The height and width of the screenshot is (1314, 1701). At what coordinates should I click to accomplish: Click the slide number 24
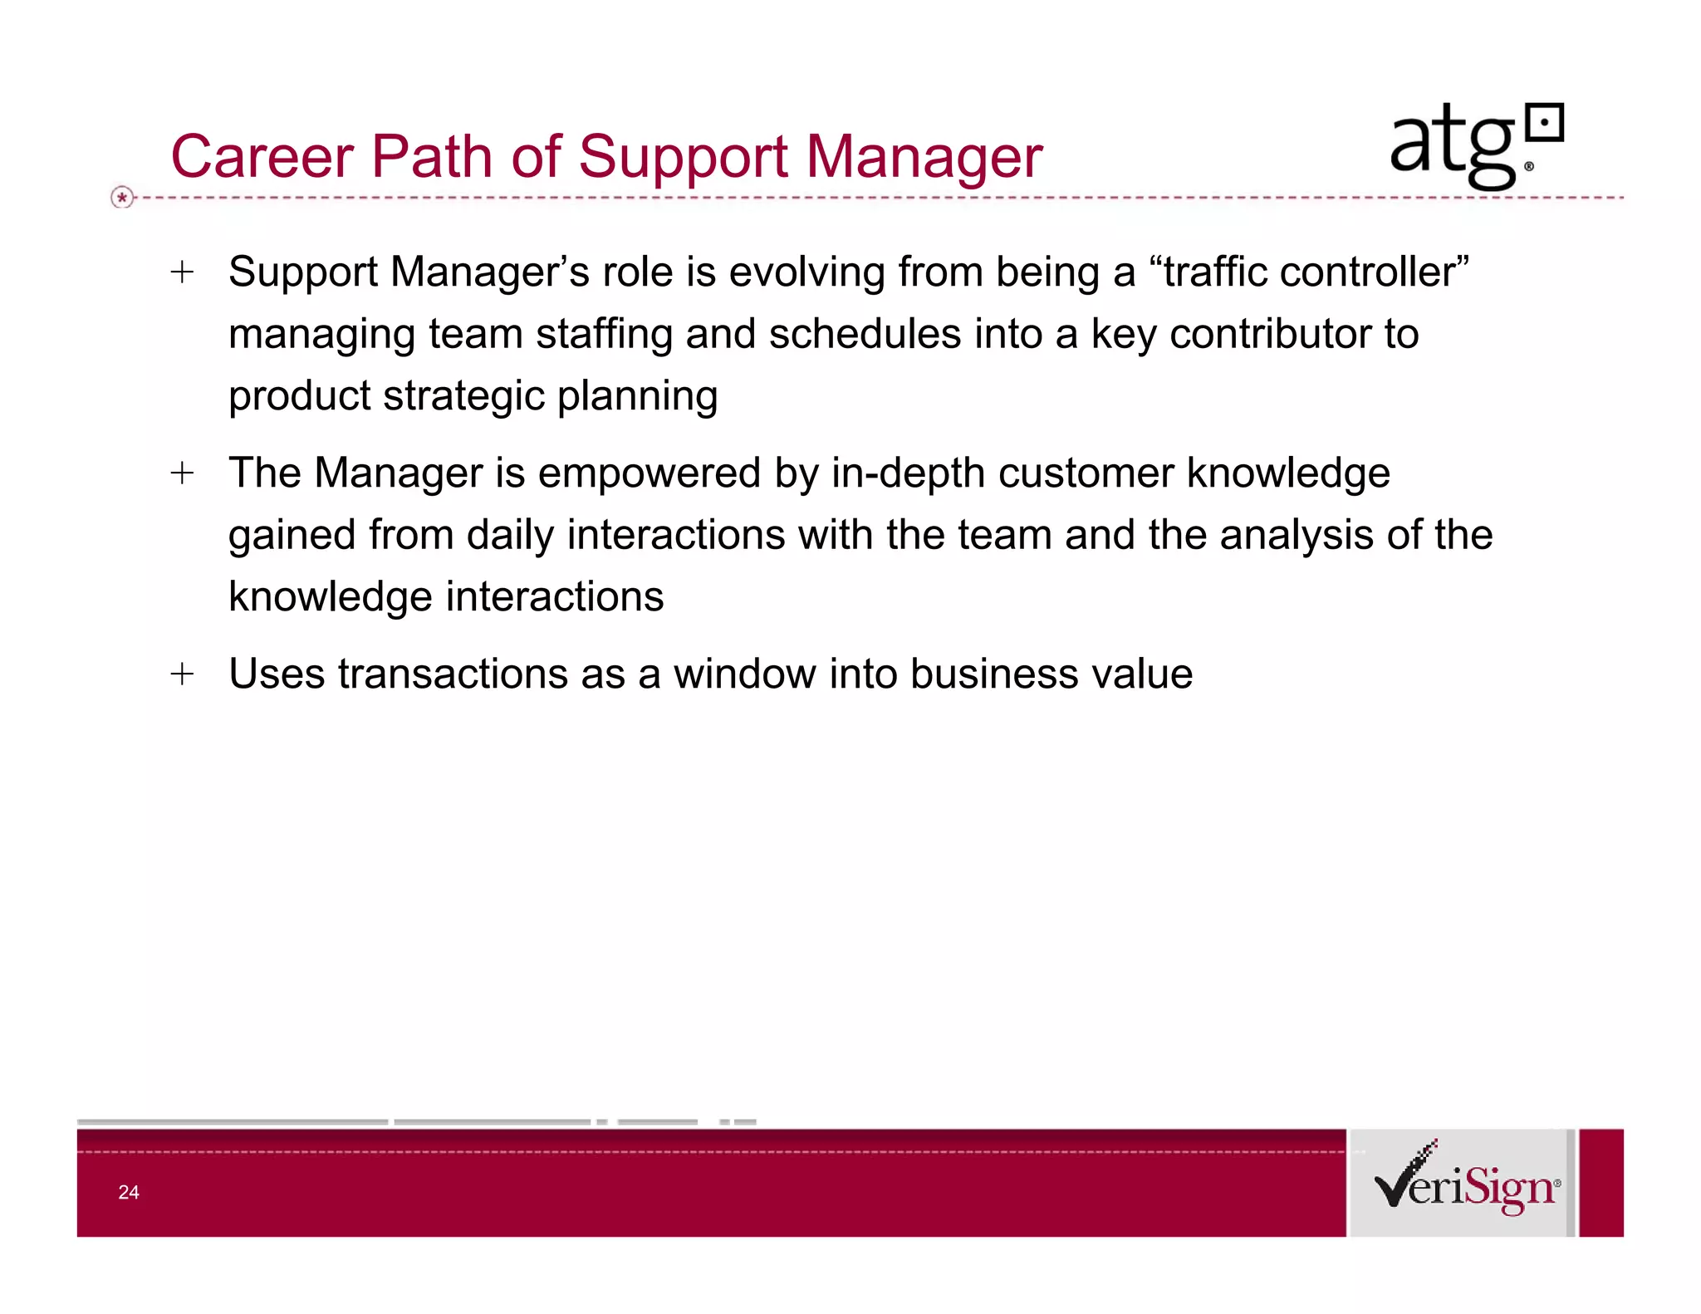tap(129, 1193)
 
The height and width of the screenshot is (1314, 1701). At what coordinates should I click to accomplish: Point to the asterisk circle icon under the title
tap(122, 198)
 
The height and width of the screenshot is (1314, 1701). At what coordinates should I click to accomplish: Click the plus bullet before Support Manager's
tap(182, 272)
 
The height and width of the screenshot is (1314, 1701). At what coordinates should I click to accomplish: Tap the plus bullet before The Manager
tap(182, 473)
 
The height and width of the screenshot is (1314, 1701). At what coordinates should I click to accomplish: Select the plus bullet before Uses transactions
tap(182, 674)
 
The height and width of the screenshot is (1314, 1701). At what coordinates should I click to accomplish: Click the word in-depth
tap(909, 473)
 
